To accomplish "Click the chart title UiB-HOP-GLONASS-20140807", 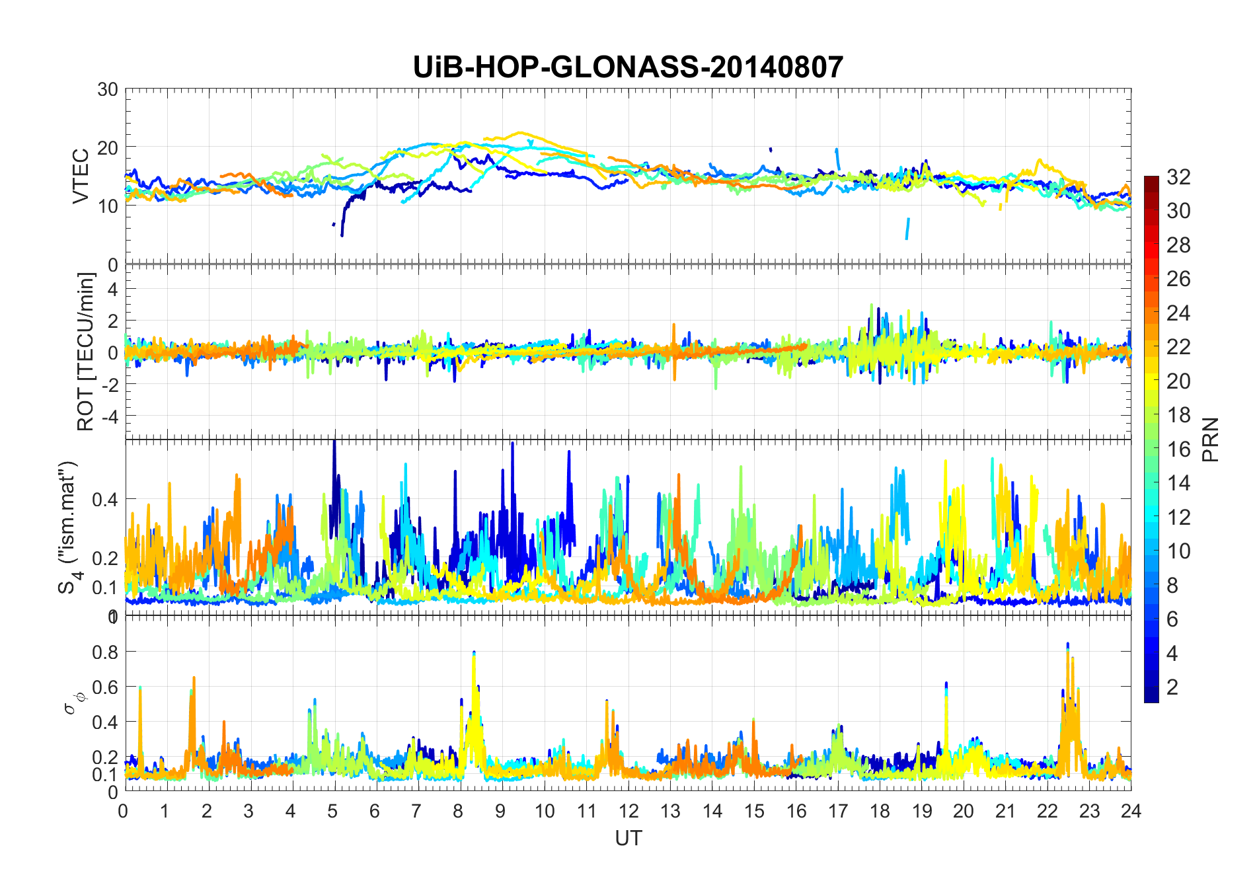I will coord(628,67).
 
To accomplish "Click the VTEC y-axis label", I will coord(81,176).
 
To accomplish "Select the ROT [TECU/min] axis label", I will coord(86,352).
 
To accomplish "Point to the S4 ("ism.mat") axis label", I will coord(69,527).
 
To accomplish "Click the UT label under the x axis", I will coord(628,838).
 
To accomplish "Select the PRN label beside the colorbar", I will coord(1210,439).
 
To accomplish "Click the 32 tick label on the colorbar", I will coord(1178,177).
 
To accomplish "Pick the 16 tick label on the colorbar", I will coord(1178,449).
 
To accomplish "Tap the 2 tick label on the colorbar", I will coord(1172,687).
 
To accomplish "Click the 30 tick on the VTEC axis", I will coord(108,89).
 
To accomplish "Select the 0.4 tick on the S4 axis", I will coord(104,499).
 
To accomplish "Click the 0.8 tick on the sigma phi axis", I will coord(104,652).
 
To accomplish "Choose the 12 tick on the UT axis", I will coord(628,811).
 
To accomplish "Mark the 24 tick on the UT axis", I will coord(1131,811).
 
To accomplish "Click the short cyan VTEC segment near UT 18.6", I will coord(907,229).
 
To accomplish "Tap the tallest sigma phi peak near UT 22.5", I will coord(1067,644).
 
